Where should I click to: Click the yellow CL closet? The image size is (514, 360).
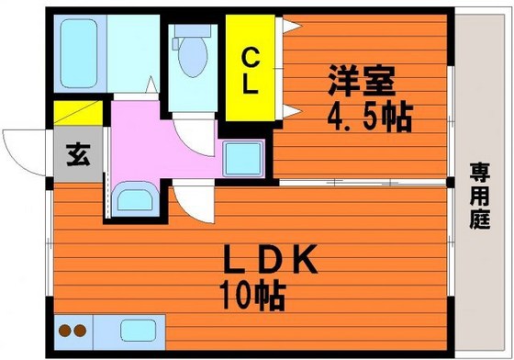pyautogui.click(x=251, y=70)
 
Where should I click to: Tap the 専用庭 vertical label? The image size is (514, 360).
pyautogui.click(x=479, y=195)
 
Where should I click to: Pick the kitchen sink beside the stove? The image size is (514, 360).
pyautogui.click(x=137, y=329)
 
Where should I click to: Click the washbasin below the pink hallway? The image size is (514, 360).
pyautogui.click(x=133, y=199)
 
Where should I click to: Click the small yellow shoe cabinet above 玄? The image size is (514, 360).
pyautogui.click(x=79, y=115)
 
